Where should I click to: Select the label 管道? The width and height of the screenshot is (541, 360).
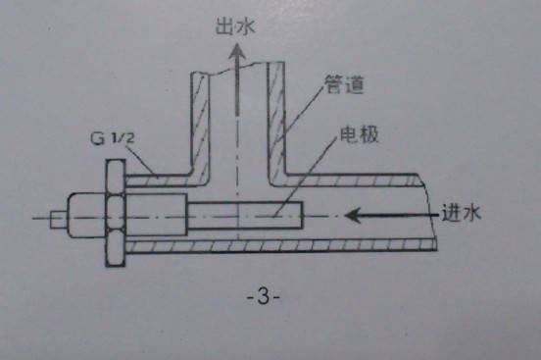tap(342, 87)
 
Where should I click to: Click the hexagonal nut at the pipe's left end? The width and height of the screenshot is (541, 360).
tap(113, 215)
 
